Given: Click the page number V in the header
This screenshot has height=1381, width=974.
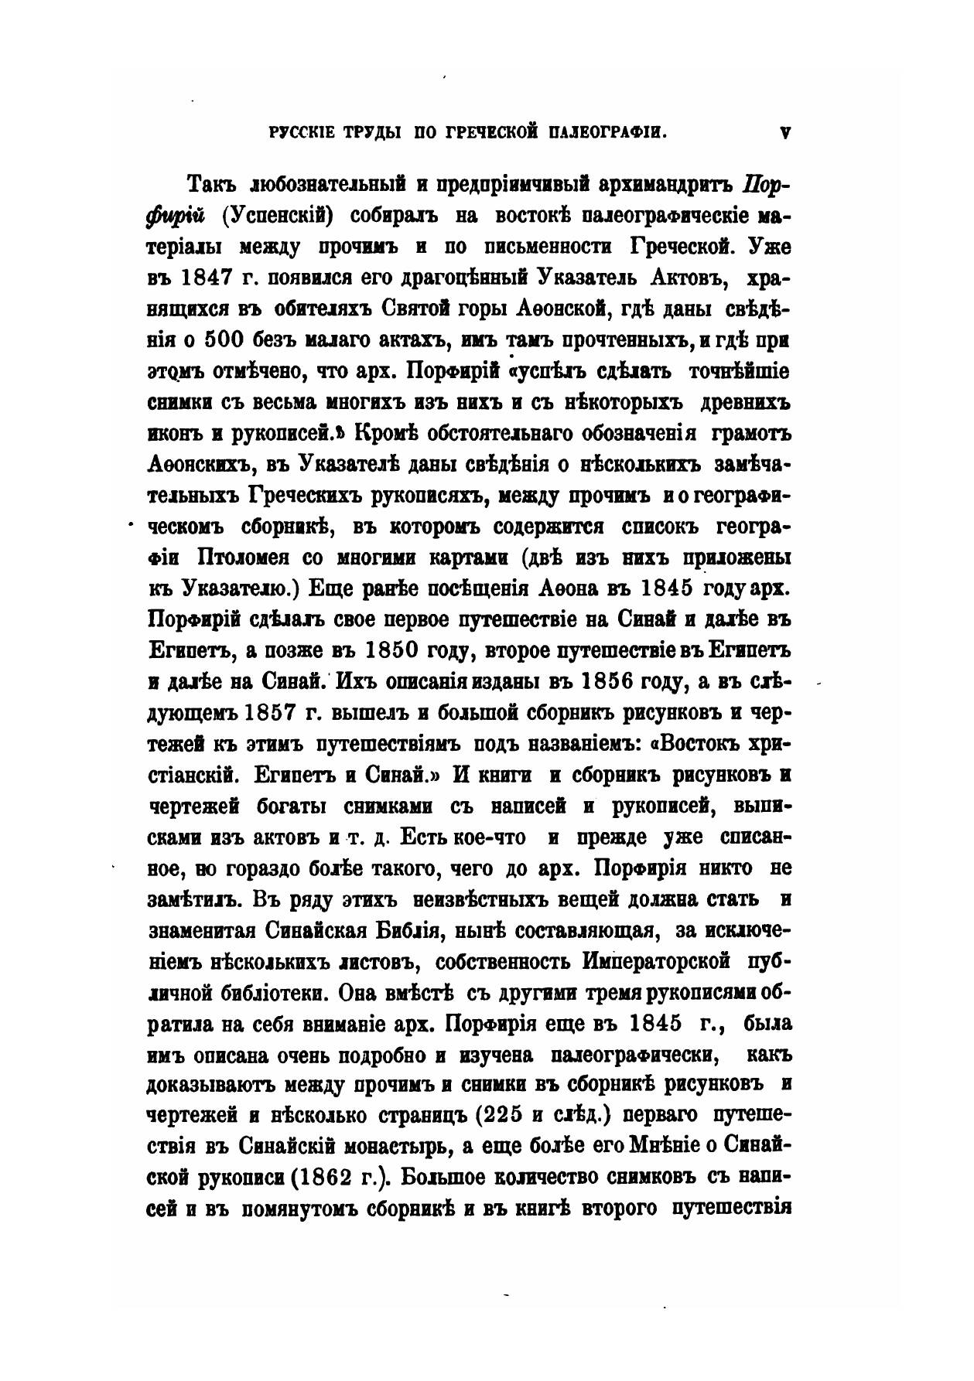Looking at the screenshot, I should pos(785,133).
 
